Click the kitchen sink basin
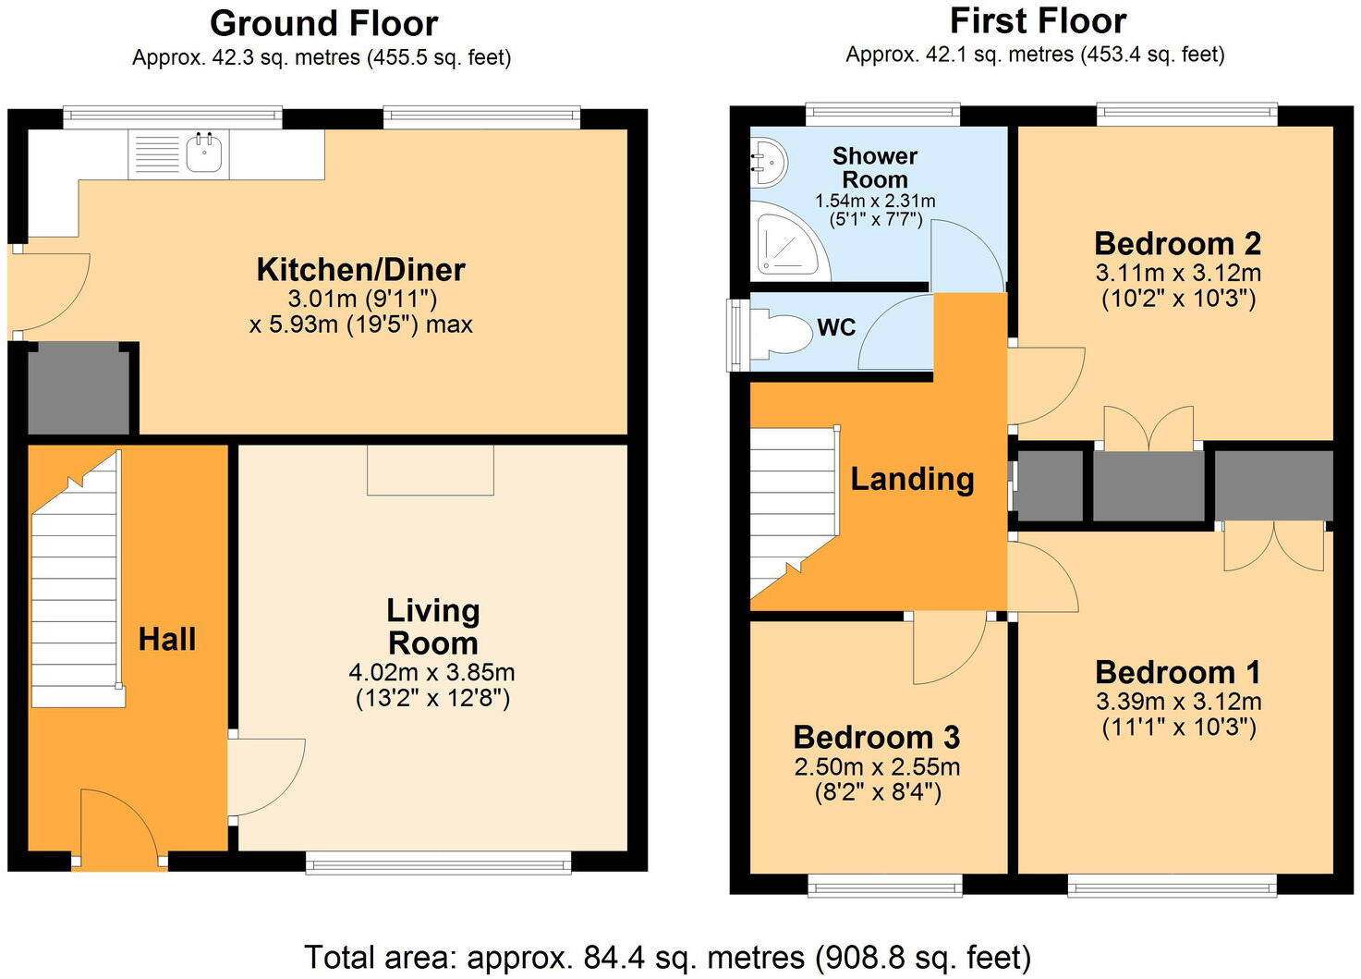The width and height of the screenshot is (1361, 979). [x=205, y=152]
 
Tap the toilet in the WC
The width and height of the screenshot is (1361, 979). [x=782, y=333]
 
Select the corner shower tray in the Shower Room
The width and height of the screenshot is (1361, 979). [x=790, y=241]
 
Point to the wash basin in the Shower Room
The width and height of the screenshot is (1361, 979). [x=769, y=162]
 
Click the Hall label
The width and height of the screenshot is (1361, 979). [x=167, y=640]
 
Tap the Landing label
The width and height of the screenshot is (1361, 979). [x=912, y=479]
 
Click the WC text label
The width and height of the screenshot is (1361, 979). [x=837, y=328]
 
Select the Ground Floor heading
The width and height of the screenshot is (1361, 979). [x=323, y=24]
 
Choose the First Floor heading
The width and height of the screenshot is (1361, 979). [x=1039, y=21]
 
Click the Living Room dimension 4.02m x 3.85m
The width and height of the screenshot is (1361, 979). [x=432, y=672]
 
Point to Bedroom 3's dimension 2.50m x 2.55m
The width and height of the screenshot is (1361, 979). [x=878, y=766]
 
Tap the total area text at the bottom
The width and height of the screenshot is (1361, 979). [x=668, y=958]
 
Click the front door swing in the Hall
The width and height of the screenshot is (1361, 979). [x=119, y=827]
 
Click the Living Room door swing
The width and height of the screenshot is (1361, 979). [x=267, y=777]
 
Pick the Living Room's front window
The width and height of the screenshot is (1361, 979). [x=438, y=863]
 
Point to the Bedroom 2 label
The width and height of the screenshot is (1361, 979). [x=1177, y=244]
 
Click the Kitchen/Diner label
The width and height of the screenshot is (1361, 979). [x=361, y=270]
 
